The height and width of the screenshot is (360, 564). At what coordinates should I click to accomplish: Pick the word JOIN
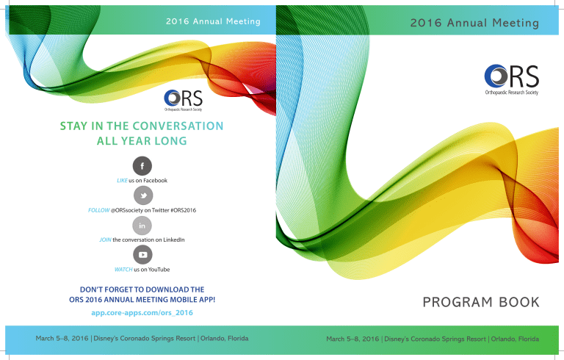point(105,240)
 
